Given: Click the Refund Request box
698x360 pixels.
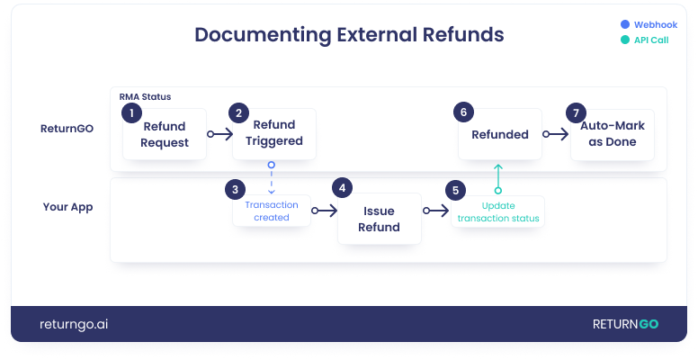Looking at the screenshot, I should point(166,135).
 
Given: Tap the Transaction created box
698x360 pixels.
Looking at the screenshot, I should point(272,211).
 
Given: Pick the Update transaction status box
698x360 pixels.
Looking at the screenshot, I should point(498,212).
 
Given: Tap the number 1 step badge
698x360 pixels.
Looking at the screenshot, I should point(131,112).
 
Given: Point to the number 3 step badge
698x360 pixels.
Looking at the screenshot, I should point(235,189).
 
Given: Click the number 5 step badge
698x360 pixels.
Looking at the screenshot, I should point(456,190).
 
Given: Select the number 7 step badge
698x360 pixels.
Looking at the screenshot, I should point(577,112).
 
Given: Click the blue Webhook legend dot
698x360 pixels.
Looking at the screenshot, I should point(625,25).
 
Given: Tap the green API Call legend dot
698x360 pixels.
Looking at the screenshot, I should point(625,40).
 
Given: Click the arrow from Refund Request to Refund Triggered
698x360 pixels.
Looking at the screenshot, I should point(220,134).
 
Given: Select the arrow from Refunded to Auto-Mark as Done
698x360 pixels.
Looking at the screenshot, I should point(555,134).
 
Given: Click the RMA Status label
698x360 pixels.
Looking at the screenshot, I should point(145,96).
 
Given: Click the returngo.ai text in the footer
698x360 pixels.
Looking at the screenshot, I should point(74,325).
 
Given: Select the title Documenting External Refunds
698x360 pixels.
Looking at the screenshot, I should point(349,35).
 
